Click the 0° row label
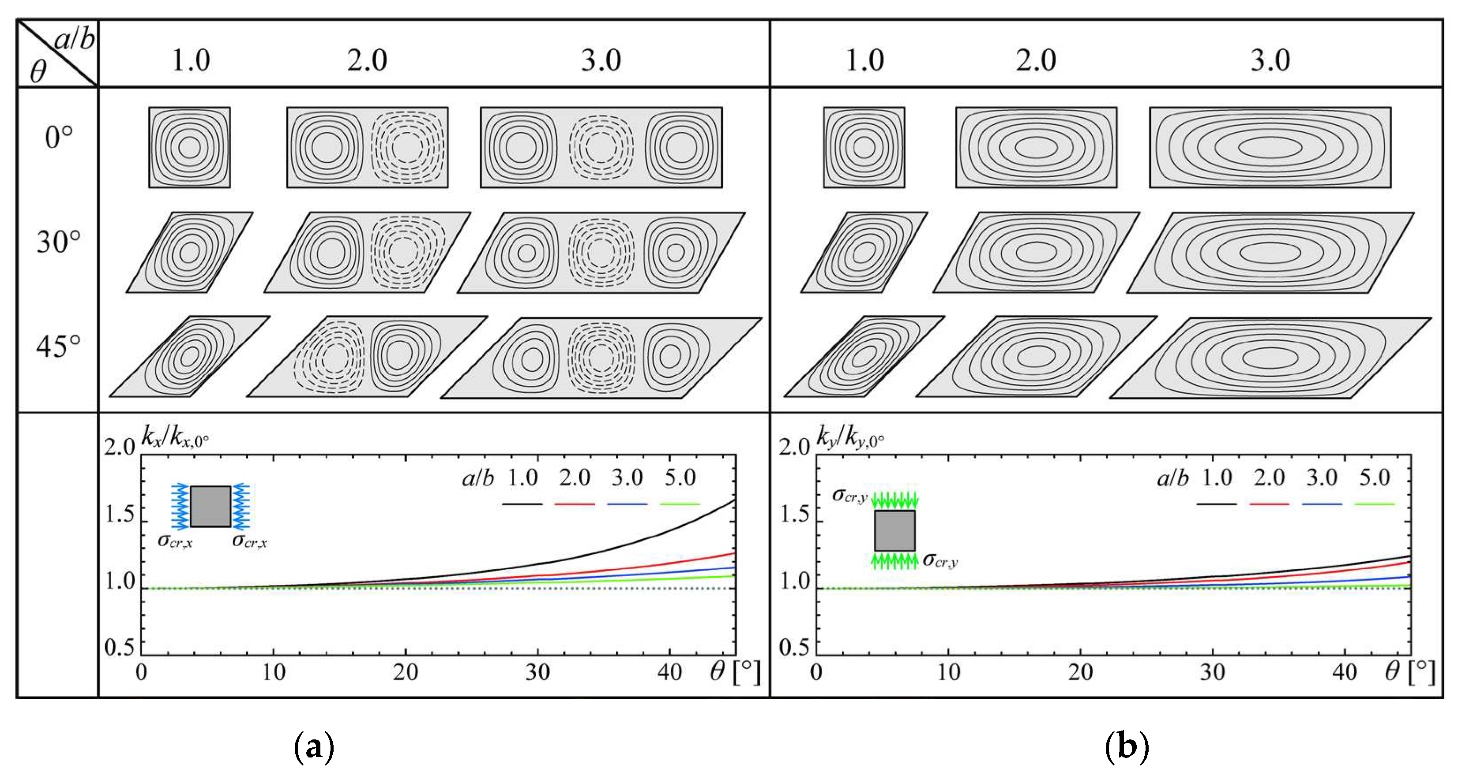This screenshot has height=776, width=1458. (58, 138)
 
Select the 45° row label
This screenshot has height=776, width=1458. (58, 346)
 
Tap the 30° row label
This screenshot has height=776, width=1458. (58, 242)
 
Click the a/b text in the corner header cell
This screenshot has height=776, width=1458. (75, 40)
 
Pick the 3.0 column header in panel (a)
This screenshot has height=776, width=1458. (601, 60)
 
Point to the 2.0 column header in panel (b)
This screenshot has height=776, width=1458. (1035, 60)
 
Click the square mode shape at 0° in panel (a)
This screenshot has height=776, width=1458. (190, 148)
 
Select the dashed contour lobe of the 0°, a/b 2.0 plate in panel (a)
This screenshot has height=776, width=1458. (407, 148)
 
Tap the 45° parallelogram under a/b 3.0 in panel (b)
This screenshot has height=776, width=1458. (1270, 358)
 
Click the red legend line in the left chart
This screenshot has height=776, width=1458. (575, 504)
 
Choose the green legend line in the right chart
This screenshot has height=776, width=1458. (1374, 504)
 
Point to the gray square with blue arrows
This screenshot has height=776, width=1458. (210, 506)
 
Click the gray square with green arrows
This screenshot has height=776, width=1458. (894, 530)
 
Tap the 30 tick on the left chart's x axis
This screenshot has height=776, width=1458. (537, 672)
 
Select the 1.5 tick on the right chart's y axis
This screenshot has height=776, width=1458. (795, 514)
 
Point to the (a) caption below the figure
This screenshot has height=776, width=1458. (315, 746)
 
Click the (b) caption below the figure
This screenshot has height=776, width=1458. (1126, 746)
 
